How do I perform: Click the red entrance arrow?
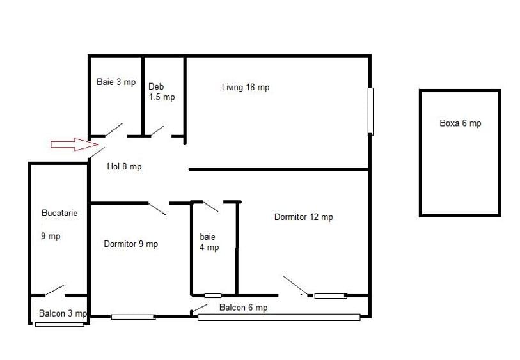coord(75,145)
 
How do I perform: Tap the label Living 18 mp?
coord(246,88)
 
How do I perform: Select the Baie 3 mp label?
coord(116,82)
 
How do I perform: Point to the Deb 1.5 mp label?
coord(162,92)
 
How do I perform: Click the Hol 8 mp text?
coord(124,166)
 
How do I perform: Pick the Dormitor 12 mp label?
coord(303,217)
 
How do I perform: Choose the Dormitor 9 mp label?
coord(130,244)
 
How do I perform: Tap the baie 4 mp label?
coord(209,242)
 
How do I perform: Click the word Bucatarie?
coord(59,213)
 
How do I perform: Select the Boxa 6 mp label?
coord(461,123)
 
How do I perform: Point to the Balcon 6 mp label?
coord(244,308)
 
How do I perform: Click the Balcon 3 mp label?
coord(63,313)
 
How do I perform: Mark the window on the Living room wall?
coord(370,111)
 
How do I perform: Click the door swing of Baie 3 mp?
coord(114,130)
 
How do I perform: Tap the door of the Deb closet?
coord(157,130)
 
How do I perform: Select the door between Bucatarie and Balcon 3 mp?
coord(55,290)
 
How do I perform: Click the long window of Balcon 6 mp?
coord(279,317)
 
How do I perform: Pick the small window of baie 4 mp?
coord(212,295)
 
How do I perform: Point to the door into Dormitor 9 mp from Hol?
coord(157,209)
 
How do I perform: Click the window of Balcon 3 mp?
coord(59,325)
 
